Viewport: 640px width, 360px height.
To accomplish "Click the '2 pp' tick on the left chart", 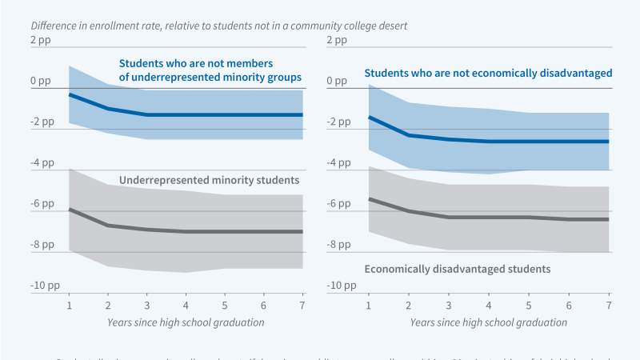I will coord(40,40).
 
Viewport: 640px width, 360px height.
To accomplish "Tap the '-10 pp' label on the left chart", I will coord(45,286).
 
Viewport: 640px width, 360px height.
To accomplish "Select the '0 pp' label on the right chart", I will coord(338,81).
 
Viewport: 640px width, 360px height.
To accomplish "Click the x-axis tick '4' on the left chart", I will coord(186,306).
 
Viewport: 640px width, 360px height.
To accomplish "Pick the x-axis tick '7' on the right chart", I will coord(609,306).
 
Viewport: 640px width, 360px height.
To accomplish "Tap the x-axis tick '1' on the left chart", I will coord(69,306).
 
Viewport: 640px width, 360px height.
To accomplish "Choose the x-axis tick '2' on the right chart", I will coord(409,306).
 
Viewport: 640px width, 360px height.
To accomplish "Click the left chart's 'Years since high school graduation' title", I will coord(186,322).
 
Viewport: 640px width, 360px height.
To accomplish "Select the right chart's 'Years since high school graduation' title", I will coord(489,322).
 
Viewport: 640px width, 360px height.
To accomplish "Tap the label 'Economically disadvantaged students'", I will coord(457,270).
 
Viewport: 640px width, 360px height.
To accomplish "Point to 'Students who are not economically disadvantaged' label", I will coord(488,73).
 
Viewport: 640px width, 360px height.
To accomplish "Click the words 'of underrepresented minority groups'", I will coord(210,78).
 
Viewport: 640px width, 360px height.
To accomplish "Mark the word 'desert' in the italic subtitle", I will coord(391,26).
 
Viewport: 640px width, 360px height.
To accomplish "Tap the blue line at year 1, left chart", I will coord(69,94).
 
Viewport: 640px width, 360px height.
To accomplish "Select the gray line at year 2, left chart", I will coord(108,226).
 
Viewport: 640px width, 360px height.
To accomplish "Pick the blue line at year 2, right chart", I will coord(409,135).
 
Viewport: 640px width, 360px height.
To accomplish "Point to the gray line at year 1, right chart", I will coord(369,198).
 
